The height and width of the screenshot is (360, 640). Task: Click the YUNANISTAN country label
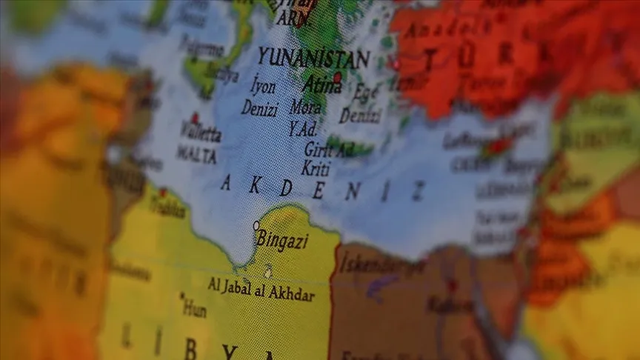[x=313, y=58]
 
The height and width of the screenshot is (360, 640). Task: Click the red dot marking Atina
[x=338, y=77]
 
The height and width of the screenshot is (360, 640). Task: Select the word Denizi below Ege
[x=361, y=116]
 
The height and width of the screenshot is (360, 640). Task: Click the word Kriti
[x=316, y=168]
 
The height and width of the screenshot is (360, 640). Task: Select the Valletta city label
[x=201, y=135]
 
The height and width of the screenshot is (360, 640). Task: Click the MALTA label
[x=197, y=155]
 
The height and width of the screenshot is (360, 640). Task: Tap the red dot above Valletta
[x=195, y=117]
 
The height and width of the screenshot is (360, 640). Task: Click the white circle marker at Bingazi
[x=256, y=225]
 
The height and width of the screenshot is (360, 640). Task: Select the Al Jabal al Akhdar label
[x=261, y=290]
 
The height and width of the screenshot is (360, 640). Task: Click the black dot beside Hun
[x=182, y=296]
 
